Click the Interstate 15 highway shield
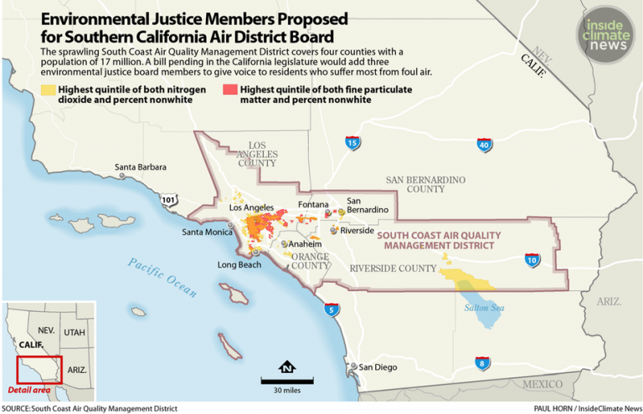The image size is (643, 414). [x=352, y=143]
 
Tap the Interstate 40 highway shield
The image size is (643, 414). [x=484, y=146]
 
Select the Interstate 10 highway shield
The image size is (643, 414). [x=532, y=261]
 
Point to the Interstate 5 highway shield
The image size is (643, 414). [x=332, y=310]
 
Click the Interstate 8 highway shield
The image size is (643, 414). [x=481, y=363]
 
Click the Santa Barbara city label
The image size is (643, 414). [x=140, y=166]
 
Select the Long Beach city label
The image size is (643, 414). [x=239, y=265]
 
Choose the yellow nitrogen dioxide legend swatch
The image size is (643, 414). [x=49, y=89]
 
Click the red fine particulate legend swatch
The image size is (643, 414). [x=229, y=89]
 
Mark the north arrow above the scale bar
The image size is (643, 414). [x=287, y=365]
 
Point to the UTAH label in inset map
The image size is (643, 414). [x=74, y=332]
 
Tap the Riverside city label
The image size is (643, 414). [x=358, y=230]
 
